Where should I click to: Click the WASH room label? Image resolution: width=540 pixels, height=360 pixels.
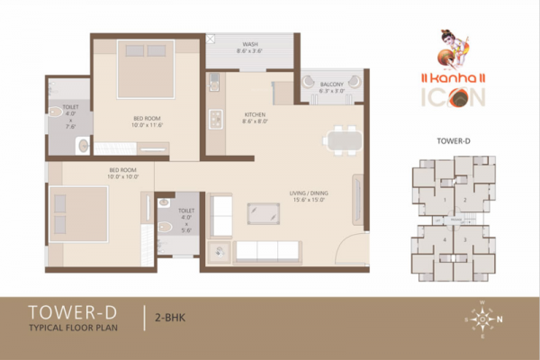pos(249,48)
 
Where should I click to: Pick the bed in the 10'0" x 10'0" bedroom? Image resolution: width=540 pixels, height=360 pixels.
pos(76,213)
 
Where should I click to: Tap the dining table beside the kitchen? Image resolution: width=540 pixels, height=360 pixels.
pos(342,140)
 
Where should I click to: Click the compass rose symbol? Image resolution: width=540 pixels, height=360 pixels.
pos(480,318)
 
